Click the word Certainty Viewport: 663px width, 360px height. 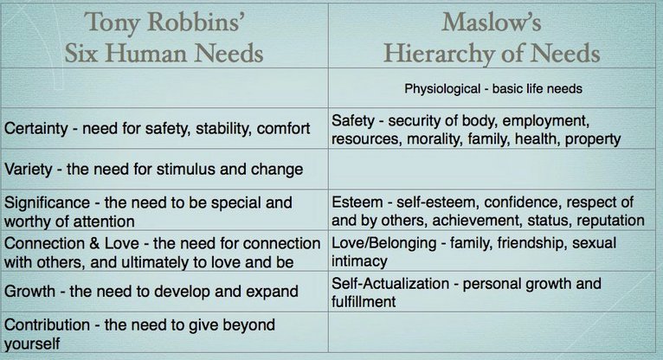pos(38,130)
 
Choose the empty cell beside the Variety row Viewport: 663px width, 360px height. pos(495,169)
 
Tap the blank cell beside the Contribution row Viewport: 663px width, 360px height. pos(495,333)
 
